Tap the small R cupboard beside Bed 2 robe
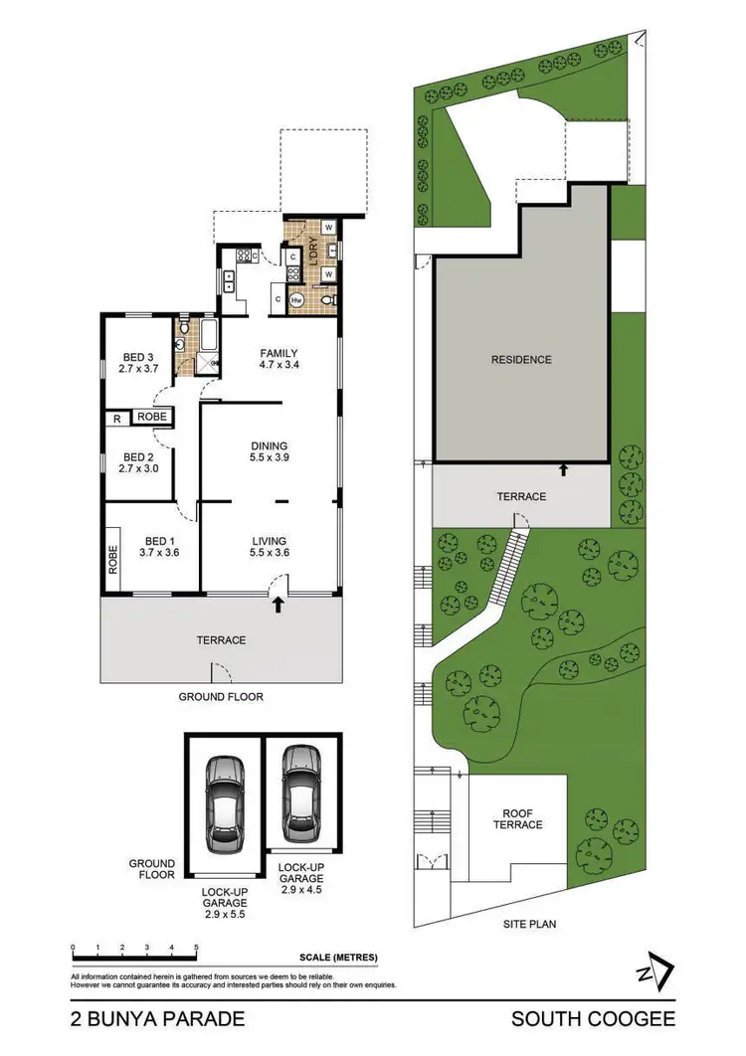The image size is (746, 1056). tap(117, 417)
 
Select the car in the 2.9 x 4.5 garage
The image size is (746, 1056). tap(299, 792)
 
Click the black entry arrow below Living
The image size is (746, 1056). tap(279, 603)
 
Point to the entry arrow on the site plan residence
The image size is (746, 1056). tap(564, 468)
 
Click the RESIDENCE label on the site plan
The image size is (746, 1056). tap(520, 360)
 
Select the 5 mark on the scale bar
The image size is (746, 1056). tap(196, 947)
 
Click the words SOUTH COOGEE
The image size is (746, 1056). tap(593, 1018)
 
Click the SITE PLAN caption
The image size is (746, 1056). tap(528, 924)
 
